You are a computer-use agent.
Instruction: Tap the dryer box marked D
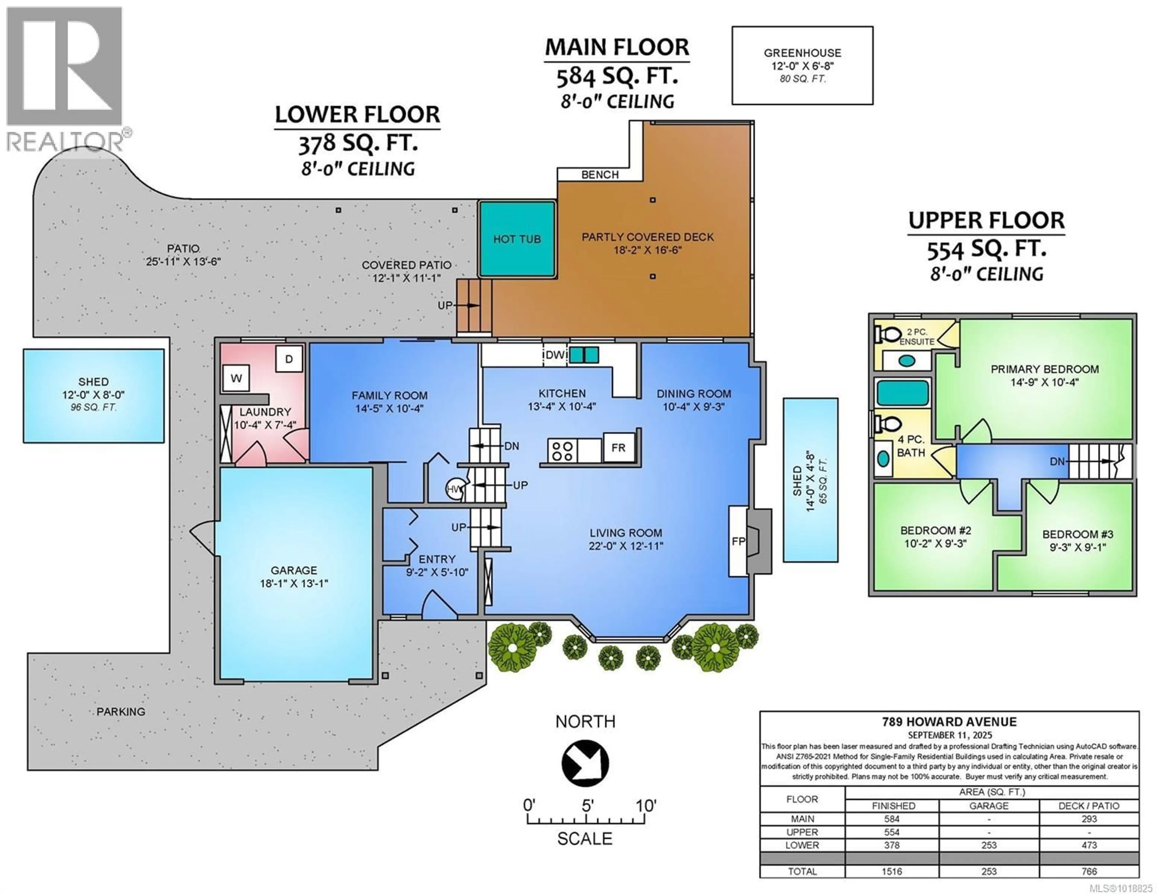(x=289, y=359)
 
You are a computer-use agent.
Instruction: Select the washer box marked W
(x=236, y=378)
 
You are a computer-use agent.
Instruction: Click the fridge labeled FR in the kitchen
(x=618, y=448)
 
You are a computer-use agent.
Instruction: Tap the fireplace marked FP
(x=738, y=541)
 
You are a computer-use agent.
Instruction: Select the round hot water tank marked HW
(x=453, y=489)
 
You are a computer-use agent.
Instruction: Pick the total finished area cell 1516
(x=892, y=871)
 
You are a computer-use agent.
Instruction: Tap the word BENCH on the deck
(x=600, y=174)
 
